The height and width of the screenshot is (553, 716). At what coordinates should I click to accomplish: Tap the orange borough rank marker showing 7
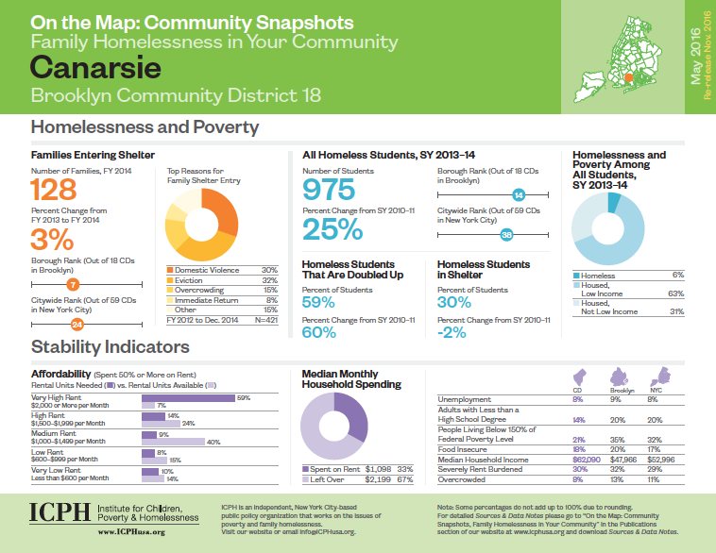tap(73, 283)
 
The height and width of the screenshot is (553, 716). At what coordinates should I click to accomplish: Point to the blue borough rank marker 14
tap(518, 195)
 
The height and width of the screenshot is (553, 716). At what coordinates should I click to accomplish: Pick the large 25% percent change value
tap(332, 229)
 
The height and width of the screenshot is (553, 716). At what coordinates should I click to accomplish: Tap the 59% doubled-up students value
tap(318, 302)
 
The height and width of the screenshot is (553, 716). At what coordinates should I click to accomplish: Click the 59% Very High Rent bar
tap(188, 397)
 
